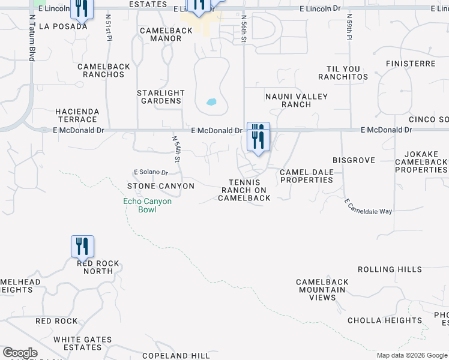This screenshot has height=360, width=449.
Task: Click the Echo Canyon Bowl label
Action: point(147,205)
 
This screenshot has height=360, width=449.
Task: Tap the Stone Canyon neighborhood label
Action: point(161,186)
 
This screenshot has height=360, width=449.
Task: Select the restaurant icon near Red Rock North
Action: point(82,247)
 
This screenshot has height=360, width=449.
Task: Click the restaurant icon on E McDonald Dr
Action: point(258,137)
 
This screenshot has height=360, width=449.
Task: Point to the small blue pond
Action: point(211,101)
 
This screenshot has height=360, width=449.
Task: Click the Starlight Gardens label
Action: point(160,97)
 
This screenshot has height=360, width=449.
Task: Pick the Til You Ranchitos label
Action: point(347,73)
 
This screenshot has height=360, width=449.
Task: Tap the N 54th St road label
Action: point(176,149)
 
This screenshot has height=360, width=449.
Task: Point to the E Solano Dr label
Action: point(151,172)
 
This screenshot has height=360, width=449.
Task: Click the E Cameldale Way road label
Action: point(368,208)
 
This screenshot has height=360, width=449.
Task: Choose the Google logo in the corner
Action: point(20,353)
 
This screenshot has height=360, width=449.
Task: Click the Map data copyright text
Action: point(411,355)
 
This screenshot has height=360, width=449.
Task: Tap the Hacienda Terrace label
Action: point(76,116)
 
